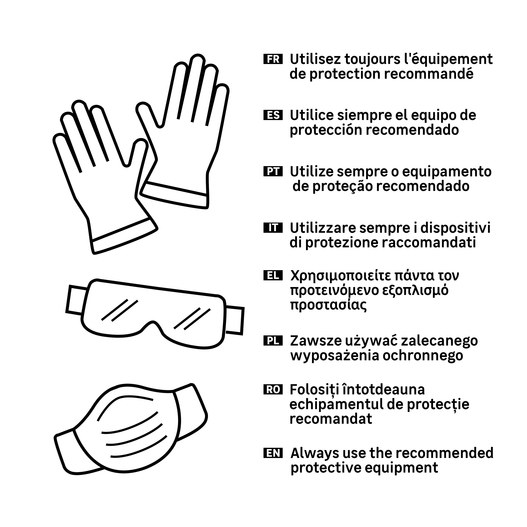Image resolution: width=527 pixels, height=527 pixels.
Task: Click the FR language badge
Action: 273,59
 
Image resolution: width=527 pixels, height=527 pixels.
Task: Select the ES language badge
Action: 273,115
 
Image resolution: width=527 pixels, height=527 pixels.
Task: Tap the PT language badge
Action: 273,171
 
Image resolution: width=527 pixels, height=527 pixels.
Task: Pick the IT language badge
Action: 273,227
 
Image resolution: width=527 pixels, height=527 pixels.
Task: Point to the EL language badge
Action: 273,276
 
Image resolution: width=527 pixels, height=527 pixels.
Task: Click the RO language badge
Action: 273,389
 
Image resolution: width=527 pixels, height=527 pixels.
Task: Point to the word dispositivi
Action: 455,228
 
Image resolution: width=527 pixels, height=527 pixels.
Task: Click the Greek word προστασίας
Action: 328,305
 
